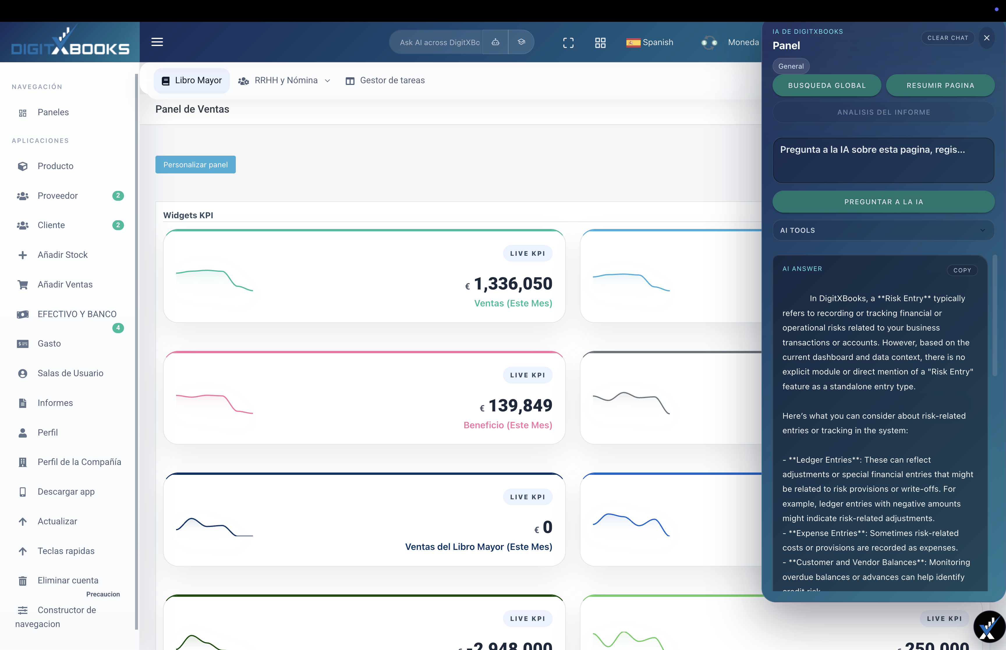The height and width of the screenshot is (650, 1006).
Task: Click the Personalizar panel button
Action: coord(195,165)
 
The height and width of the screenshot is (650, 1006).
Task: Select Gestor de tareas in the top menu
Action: coord(385,80)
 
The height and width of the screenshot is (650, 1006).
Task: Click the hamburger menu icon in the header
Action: coord(157,42)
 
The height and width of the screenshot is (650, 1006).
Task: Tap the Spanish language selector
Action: coord(650,42)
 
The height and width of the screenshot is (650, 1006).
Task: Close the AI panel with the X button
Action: coord(986,38)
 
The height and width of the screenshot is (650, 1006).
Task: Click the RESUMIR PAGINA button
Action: coord(940,85)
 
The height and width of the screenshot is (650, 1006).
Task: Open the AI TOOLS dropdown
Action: coord(883,230)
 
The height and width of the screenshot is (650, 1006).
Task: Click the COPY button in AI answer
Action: coord(962,270)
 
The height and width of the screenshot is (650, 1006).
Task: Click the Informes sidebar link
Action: coord(55,403)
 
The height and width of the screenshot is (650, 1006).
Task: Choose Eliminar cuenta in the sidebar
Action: coord(68,580)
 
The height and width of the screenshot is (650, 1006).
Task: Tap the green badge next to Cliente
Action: coord(118,225)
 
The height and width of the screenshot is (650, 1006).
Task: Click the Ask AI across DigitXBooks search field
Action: coord(439,42)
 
